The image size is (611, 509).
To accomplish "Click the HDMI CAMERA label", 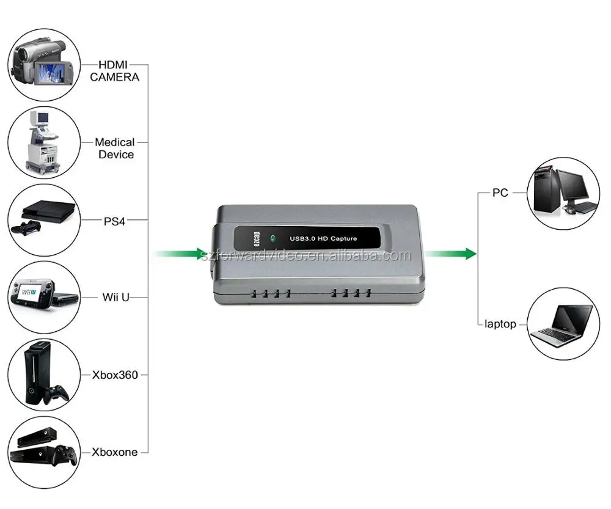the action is pos(114,71).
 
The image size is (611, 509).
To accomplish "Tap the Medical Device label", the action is pos(115,148).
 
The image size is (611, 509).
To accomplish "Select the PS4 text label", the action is pos(114,221).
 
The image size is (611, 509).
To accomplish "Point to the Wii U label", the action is pos(115,298).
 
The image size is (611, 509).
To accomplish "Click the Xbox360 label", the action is pos(115,375).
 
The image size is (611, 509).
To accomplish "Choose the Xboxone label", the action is pos(115,452).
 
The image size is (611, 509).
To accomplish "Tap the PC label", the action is pos(500,192).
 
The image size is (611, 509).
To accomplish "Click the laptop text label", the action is pos(500,324).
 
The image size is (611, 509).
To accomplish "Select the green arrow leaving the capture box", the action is pos(450,254).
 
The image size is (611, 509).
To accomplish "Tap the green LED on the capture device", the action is pos(273,238).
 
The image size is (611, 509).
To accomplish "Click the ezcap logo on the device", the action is pos(257,239).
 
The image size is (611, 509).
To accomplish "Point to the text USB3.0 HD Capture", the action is pos(323,238).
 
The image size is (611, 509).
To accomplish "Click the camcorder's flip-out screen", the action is pos(51,73).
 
